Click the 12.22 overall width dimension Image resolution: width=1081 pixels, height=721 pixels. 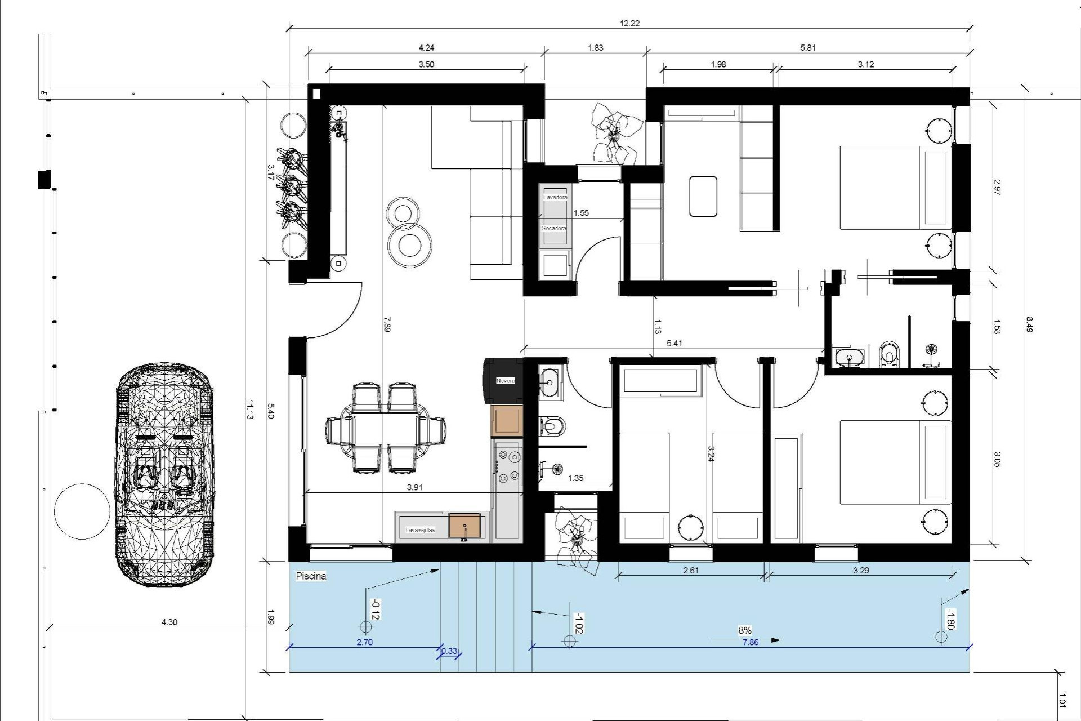[629, 23]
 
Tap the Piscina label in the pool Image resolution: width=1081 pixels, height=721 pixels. [311, 576]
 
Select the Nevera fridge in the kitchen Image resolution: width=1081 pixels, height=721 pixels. [505, 381]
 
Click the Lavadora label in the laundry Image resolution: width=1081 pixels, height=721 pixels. [555, 198]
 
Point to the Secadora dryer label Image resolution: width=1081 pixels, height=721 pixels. [554, 229]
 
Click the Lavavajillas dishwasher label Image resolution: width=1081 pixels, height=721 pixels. [420, 530]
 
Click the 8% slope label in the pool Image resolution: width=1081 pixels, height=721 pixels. [744, 630]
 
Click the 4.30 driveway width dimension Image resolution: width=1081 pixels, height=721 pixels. [169, 622]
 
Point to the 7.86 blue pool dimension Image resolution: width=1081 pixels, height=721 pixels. [750, 642]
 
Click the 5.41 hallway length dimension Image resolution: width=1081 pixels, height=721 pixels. [674, 343]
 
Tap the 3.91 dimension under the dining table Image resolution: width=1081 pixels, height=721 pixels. [414, 487]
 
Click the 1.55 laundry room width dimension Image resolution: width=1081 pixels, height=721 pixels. [580, 213]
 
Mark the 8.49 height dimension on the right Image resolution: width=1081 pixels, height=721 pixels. [1029, 324]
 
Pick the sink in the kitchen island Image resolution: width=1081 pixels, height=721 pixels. [464, 526]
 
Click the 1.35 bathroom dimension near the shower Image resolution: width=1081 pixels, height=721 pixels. [575, 478]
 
